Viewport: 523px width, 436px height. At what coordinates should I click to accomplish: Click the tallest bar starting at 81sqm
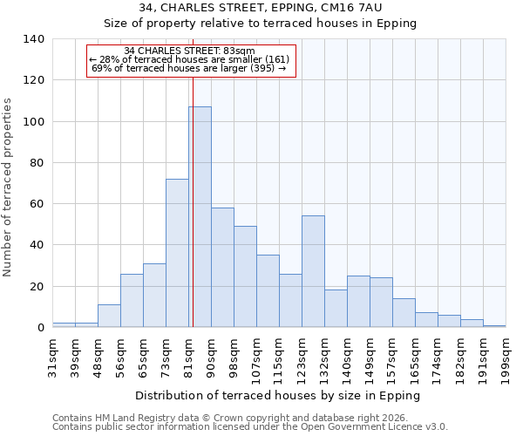pyautogui.click(x=200, y=217)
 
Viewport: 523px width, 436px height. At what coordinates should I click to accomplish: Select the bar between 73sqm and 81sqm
pyautogui.click(x=177, y=253)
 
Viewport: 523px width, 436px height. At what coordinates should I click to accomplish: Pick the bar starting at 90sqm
pyautogui.click(x=222, y=268)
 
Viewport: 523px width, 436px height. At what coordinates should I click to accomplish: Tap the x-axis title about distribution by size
pyautogui.click(x=279, y=395)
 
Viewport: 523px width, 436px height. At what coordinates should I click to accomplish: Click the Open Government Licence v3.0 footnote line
pyautogui.click(x=250, y=426)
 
